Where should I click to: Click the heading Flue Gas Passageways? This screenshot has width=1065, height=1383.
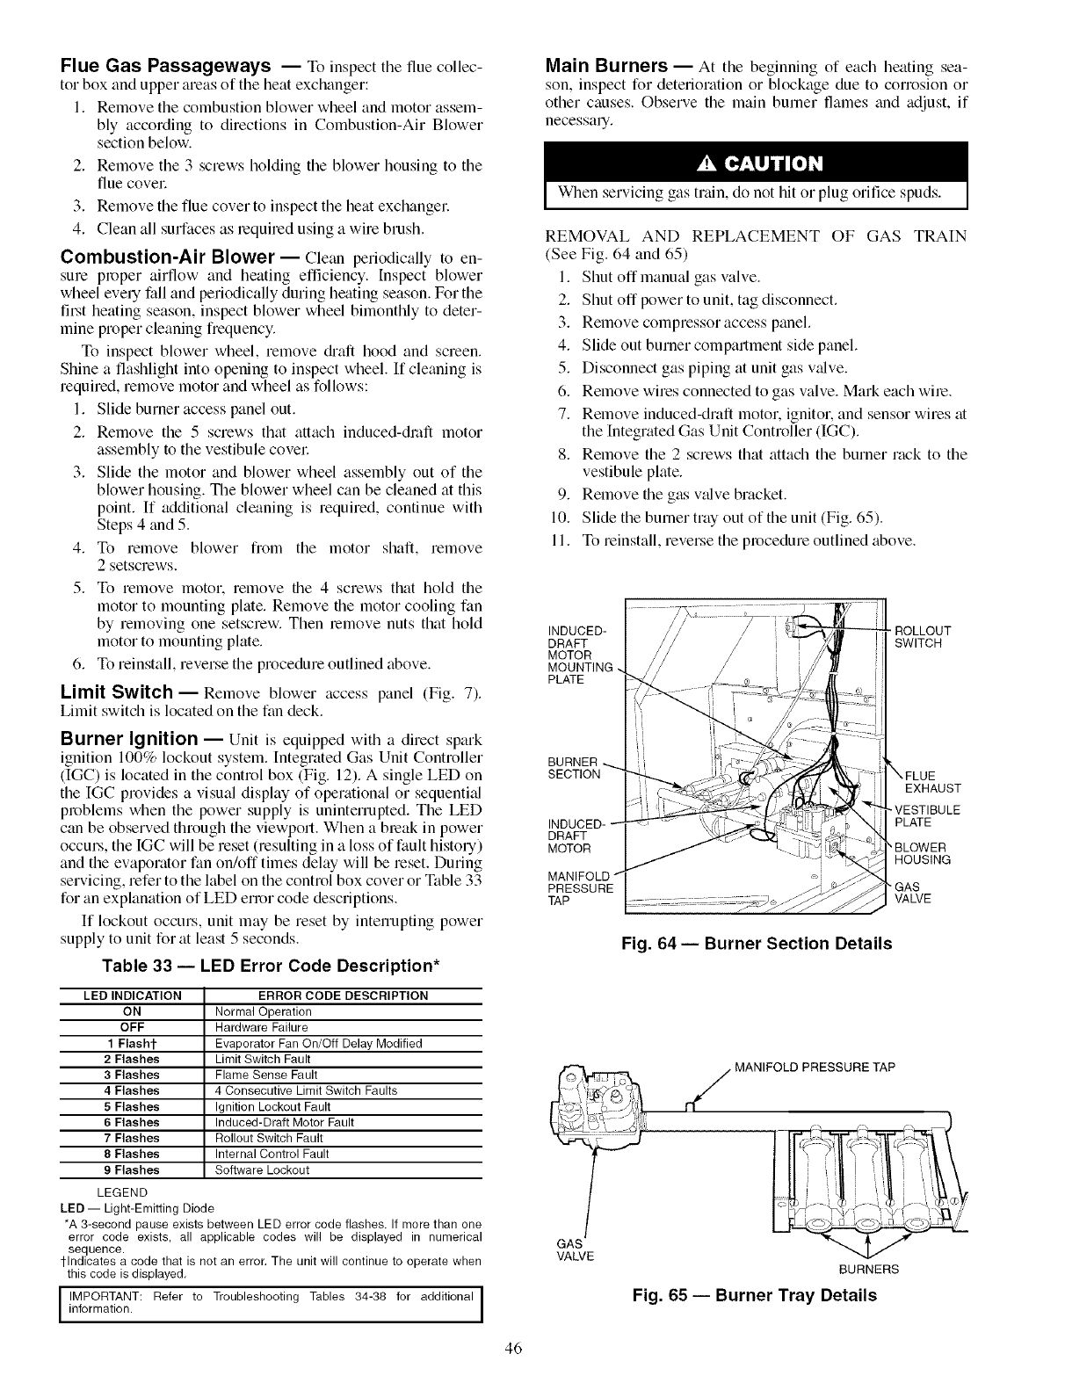163,67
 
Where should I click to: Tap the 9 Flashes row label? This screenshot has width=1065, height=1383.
132,1169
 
